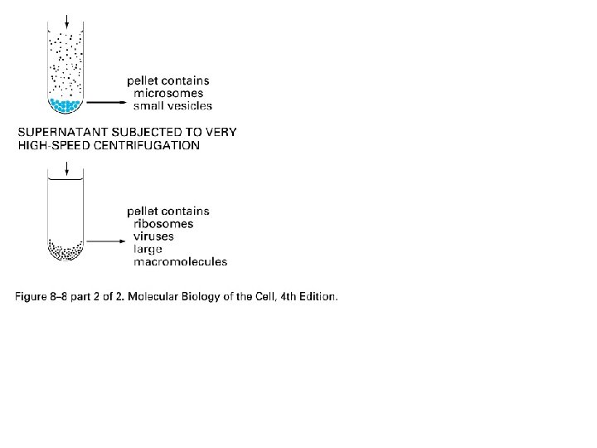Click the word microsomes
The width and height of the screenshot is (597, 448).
(168, 94)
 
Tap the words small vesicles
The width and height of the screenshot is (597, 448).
(173, 106)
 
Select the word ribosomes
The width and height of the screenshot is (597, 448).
(163, 224)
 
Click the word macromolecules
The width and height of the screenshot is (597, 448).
(181, 262)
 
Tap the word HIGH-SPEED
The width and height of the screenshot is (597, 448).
(51, 146)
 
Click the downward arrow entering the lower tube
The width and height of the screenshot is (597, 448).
(66, 166)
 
